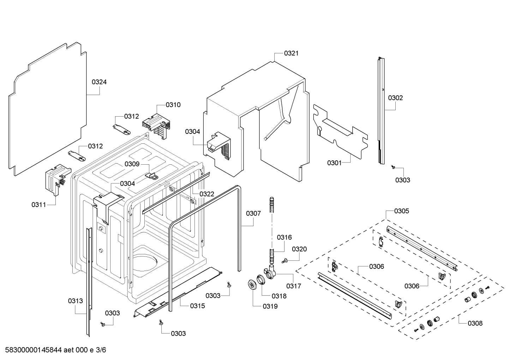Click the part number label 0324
click(x=99, y=82)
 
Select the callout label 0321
click(x=291, y=53)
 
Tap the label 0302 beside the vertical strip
click(x=395, y=98)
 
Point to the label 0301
click(x=334, y=163)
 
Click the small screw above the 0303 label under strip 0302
click(x=393, y=167)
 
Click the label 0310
click(x=173, y=105)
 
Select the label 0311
click(x=39, y=205)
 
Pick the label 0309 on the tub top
click(x=132, y=164)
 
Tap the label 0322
click(x=207, y=194)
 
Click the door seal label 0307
click(x=253, y=213)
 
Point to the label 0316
click(x=284, y=237)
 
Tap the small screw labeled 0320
click(x=285, y=261)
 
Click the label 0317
click(x=294, y=286)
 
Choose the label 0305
click(x=402, y=211)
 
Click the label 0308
click(x=475, y=323)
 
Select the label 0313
click(x=76, y=301)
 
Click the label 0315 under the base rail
click(x=197, y=306)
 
